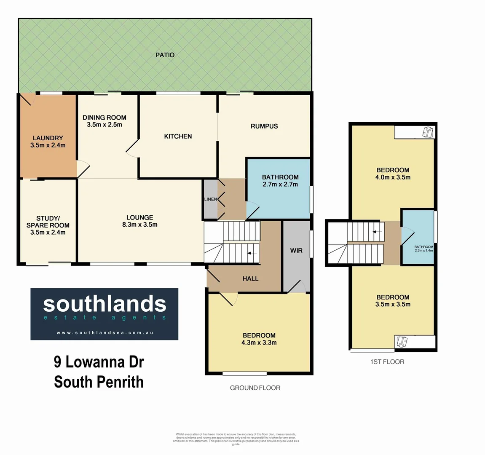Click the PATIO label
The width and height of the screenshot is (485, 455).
click(165, 55)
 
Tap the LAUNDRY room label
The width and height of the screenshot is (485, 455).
click(48, 138)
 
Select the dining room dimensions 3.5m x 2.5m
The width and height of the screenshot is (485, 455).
click(105, 125)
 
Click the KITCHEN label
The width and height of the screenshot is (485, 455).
click(178, 136)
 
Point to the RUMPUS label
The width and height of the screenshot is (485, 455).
click(264, 126)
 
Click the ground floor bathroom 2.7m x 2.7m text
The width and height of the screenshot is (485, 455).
click(280, 184)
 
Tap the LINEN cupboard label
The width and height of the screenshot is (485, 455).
click(210, 199)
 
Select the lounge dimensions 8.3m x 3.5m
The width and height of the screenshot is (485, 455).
click(140, 225)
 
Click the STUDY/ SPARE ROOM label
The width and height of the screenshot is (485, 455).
click(48, 222)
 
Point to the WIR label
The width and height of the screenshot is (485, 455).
click(296, 250)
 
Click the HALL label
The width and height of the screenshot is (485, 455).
click(250, 278)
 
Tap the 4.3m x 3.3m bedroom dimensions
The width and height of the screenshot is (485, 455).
click(259, 343)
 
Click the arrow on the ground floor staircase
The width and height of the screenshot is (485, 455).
click(252, 253)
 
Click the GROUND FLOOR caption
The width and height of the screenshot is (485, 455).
click(255, 388)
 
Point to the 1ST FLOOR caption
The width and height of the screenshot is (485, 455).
click(387, 361)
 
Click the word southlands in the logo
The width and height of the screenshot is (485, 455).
click(105, 304)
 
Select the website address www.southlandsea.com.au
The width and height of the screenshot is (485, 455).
click(105, 332)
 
